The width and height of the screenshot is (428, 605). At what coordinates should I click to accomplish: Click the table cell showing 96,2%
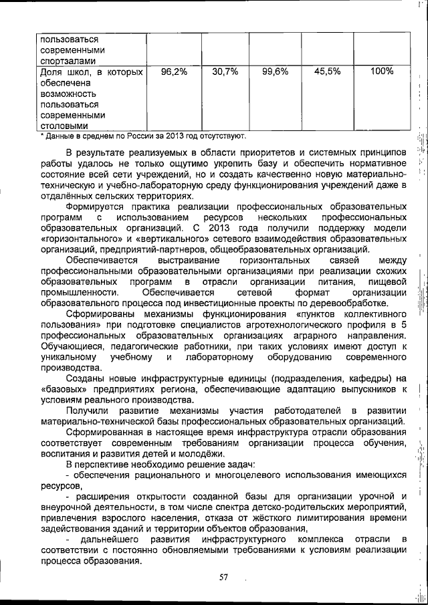coord(174,72)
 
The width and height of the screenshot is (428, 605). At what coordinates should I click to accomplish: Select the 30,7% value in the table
coord(225,72)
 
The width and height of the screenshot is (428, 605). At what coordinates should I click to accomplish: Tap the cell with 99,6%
coord(275,72)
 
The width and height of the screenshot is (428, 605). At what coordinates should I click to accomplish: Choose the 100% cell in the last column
coord(381,72)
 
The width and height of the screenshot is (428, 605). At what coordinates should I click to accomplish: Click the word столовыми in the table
coord(64,126)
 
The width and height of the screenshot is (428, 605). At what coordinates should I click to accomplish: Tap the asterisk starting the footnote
coord(41,136)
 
